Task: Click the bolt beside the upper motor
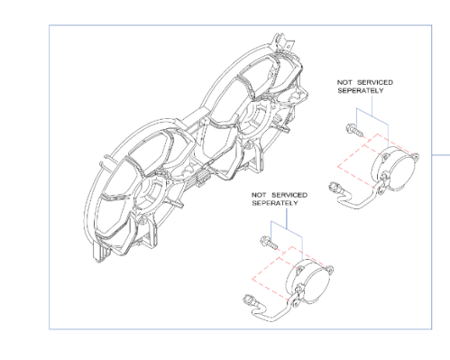pos(354,130)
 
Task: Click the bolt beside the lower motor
pos(269,243)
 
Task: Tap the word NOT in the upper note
pos(344,82)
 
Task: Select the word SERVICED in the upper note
pos(375,82)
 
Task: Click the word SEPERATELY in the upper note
pos(361,90)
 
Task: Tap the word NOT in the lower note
pos(259,195)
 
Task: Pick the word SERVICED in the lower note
pos(289,195)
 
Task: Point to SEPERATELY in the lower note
pos(275,203)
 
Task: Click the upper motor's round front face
pos(402,171)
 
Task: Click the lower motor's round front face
pos(317,284)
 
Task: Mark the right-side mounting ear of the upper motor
pos(415,157)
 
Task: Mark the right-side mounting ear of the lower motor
pos(329,269)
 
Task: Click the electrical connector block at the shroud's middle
pos(203,180)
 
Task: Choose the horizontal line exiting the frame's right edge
pos(441,155)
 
